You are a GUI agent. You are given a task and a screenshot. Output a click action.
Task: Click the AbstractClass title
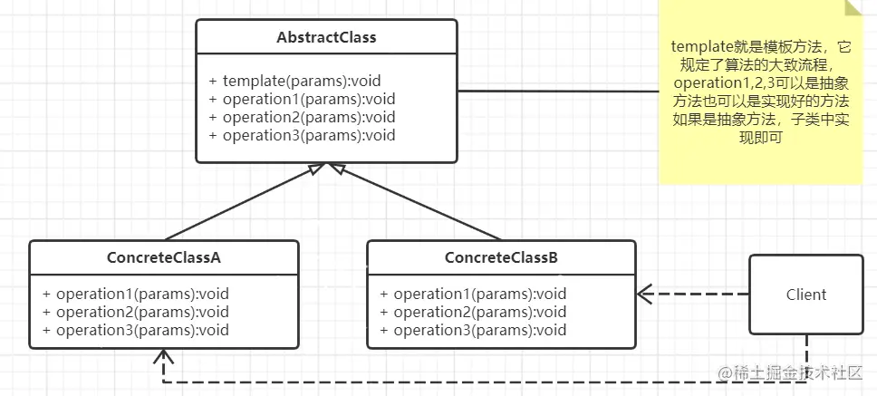tap(326, 37)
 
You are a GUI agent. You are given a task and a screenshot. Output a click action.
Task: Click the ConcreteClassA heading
tap(164, 258)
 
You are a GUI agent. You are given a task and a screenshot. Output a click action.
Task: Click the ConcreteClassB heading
tap(501, 258)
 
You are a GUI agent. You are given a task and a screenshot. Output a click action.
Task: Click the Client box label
tap(806, 295)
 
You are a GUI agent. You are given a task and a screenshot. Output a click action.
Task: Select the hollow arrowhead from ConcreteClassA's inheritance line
tap(316, 169)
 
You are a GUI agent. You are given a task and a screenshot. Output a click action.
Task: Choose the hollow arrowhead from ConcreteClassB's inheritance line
tap(338, 169)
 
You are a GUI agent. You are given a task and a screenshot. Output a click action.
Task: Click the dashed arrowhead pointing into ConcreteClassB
tap(645, 294)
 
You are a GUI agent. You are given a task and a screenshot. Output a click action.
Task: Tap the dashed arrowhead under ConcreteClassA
tap(163, 357)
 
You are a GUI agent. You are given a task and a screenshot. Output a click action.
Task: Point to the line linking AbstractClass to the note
tap(558, 91)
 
